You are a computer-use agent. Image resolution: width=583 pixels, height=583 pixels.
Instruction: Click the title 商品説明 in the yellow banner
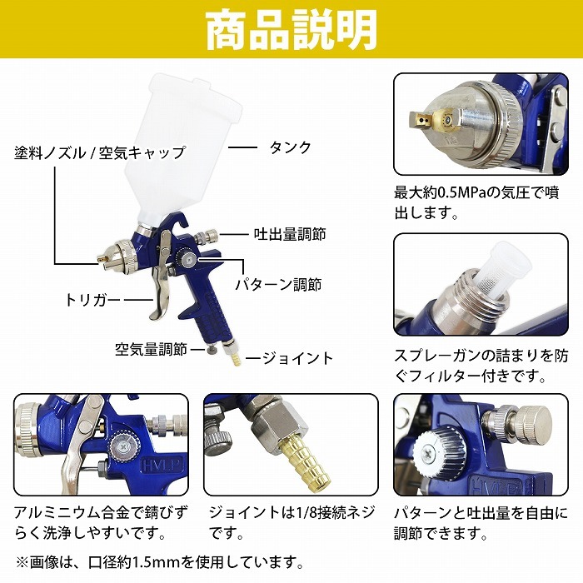(x=291, y=30)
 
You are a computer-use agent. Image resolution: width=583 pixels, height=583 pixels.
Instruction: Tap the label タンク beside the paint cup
(x=290, y=147)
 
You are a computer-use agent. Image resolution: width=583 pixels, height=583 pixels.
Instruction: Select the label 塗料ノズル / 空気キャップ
(x=100, y=152)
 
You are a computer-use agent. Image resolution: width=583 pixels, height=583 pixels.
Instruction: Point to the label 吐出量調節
(x=290, y=234)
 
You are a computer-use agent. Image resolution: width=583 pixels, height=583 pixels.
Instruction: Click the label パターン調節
(x=279, y=285)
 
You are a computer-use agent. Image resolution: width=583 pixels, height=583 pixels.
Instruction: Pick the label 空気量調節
(x=151, y=350)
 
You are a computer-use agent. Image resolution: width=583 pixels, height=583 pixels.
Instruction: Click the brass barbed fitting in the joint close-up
(x=306, y=465)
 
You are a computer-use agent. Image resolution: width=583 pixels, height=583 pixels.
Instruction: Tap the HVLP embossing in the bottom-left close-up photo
(x=162, y=466)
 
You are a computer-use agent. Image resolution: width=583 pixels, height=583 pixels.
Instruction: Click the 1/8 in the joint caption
(x=306, y=513)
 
